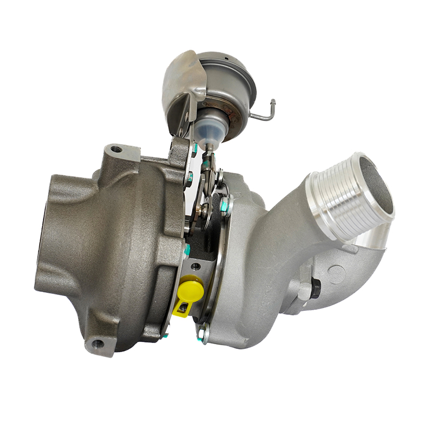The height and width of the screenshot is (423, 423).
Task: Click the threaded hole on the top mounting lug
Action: (x=117, y=149)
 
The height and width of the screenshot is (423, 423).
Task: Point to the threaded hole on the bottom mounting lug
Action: (x=97, y=344)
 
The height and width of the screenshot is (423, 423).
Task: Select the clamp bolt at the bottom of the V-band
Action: (x=203, y=333)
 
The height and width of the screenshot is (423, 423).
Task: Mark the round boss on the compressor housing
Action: (x=336, y=274)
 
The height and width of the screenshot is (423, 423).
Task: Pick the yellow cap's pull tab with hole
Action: (x=181, y=308)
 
